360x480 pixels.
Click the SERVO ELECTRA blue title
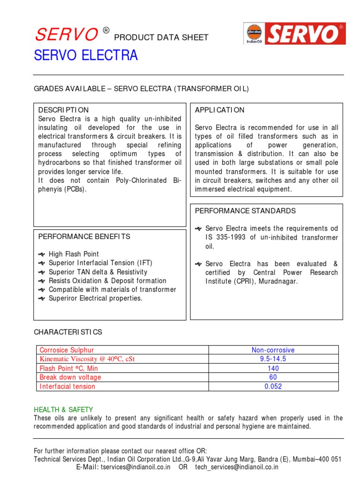point(86,56)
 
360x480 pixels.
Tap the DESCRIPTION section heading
point(63,110)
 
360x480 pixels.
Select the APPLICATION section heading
point(219,110)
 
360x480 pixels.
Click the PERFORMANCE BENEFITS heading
point(84,236)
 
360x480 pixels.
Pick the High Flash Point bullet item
point(74,254)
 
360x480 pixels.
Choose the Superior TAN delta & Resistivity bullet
point(97,272)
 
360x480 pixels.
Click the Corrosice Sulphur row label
point(67,350)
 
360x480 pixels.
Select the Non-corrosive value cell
point(273,350)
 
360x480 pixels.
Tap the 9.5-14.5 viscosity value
point(273,359)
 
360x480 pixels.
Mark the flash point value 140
point(273,368)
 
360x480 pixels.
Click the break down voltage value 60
point(273,377)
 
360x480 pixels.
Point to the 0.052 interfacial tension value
point(273,386)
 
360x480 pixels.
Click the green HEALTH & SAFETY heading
point(63,409)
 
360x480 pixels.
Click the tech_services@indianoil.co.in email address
point(237,467)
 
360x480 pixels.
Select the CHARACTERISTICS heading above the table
point(67,332)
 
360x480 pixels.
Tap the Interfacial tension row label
point(67,386)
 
